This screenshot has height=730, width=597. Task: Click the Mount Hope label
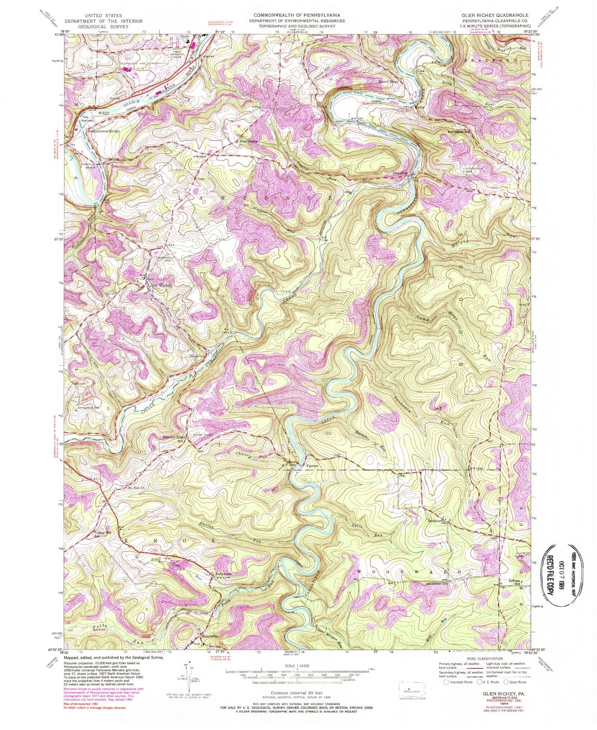click(388, 82)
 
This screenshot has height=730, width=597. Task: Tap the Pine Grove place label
click(249, 141)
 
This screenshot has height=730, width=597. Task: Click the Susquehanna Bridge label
click(103, 131)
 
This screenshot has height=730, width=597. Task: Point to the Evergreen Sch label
click(89, 407)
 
